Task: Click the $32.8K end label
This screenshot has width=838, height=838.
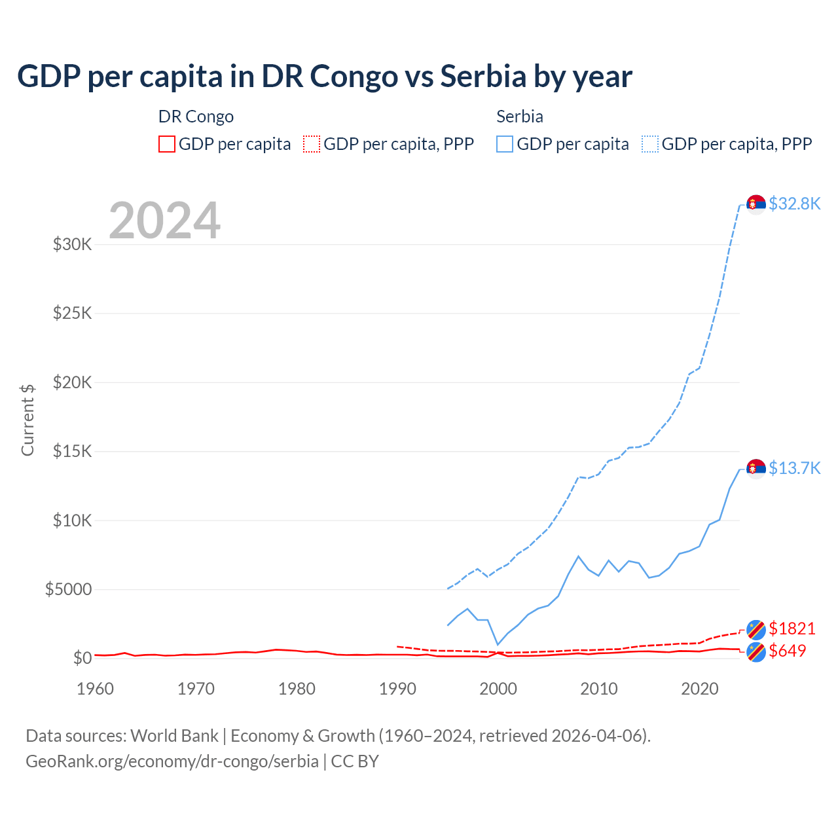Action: [794, 204]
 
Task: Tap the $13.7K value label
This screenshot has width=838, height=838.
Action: [794, 468]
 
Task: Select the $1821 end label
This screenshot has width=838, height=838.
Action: [792, 628]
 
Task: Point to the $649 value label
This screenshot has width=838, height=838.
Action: [788, 651]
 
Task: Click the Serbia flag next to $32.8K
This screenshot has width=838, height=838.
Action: [756, 204]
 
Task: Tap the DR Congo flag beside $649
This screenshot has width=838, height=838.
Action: [756, 652]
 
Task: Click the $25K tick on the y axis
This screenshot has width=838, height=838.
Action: [72, 313]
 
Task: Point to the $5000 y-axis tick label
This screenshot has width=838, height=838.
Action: [68, 589]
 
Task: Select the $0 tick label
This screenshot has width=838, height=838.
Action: [82, 658]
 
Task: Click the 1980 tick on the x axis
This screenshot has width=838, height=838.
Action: [297, 689]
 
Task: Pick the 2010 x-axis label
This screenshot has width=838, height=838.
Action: [599, 689]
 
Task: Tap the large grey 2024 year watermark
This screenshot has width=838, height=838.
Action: [164, 221]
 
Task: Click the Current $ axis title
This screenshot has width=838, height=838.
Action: [27, 420]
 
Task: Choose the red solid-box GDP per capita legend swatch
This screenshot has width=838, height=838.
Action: [167, 144]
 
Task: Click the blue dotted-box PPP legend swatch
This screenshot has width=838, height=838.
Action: [650, 144]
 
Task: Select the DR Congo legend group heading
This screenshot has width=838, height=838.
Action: [196, 117]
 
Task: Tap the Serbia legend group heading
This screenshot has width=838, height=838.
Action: [520, 117]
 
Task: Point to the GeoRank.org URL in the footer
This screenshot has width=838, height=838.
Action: [172, 761]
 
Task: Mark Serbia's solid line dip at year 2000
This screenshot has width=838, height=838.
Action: [498, 644]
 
